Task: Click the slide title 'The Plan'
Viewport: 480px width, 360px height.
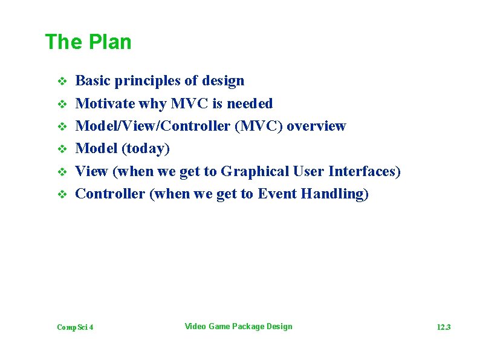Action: click(x=88, y=42)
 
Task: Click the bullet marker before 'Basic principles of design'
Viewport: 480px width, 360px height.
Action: click(x=60, y=81)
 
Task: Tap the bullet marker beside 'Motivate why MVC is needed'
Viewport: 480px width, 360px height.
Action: click(x=60, y=104)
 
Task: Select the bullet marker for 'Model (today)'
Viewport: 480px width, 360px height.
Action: click(x=60, y=149)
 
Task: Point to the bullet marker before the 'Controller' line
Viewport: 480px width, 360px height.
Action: click(x=60, y=195)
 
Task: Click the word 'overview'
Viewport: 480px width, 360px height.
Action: click(x=316, y=126)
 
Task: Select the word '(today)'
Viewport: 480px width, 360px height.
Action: click(x=145, y=149)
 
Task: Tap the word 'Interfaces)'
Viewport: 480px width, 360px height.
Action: click(x=364, y=171)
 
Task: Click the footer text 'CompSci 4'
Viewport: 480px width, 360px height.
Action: click(x=75, y=327)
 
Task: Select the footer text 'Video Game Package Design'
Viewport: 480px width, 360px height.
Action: click(x=238, y=327)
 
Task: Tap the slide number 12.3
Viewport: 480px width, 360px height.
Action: click(x=444, y=327)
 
